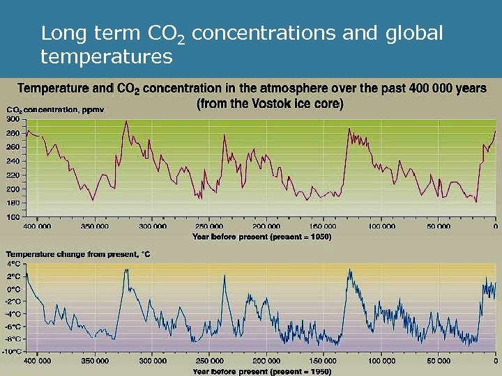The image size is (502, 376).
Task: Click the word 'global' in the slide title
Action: click(x=412, y=33)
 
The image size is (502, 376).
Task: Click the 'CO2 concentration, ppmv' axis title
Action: click(x=53, y=110)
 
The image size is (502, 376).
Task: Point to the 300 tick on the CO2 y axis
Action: click(x=13, y=120)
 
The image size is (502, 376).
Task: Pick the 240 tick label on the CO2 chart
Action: click(x=13, y=161)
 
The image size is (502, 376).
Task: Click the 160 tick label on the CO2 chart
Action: click(x=13, y=217)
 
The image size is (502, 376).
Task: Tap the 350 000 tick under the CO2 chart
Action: click(x=95, y=226)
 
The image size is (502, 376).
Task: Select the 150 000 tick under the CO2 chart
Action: click(x=322, y=226)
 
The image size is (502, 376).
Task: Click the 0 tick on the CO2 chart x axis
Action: click(x=494, y=226)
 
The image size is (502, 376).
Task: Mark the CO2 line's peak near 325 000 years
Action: click(x=126, y=122)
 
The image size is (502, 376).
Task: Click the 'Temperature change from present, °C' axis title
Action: click(x=77, y=255)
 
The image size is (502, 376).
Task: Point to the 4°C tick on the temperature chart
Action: click(x=13, y=265)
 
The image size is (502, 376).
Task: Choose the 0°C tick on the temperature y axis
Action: click(x=13, y=289)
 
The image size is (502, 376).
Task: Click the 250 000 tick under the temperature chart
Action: click(x=209, y=361)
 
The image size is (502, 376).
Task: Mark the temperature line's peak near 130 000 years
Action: click(x=349, y=270)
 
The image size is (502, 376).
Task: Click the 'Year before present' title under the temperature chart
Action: click(x=261, y=371)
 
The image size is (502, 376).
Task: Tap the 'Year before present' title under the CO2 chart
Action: click(x=261, y=236)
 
